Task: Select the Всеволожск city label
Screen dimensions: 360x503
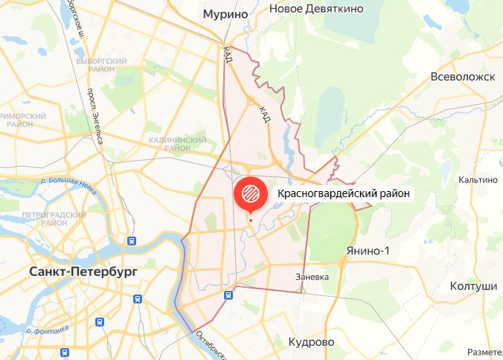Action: point(463,76)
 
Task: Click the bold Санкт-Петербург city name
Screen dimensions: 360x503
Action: point(83,271)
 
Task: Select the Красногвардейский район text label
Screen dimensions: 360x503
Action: point(343,193)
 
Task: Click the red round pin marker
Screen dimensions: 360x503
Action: point(250,194)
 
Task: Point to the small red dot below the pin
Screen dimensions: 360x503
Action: point(250,219)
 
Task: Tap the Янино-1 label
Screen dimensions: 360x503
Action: point(368,250)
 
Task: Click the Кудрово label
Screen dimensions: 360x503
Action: point(310,341)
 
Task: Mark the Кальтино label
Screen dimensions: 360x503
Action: point(478,179)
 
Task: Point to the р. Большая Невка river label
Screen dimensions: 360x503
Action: point(67,185)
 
